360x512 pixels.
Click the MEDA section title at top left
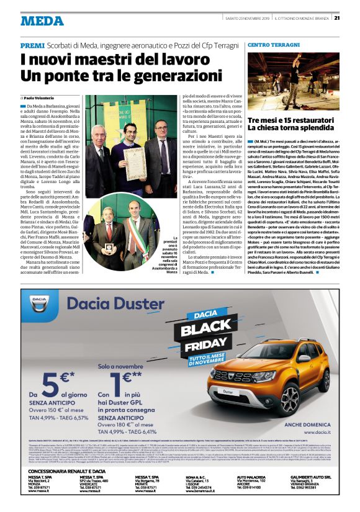pyautogui.click(x=41, y=20)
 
